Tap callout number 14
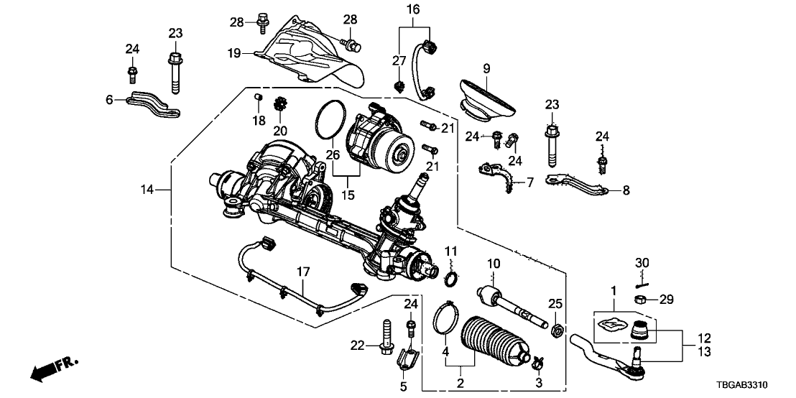pyautogui.click(x=147, y=190)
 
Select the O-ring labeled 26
pyautogui.click(x=328, y=120)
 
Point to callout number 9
pyautogui.click(x=486, y=69)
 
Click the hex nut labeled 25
pyautogui.click(x=556, y=330)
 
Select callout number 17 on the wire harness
pyautogui.click(x=302, y=272)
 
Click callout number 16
pyautogui.click(x=412, y=9)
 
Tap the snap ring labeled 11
pyautogui.click(x=452, y=279)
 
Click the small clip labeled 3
pyautogui.click(x=536, y=361)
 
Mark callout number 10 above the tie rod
pyautogui.click(x=494, y=263)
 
